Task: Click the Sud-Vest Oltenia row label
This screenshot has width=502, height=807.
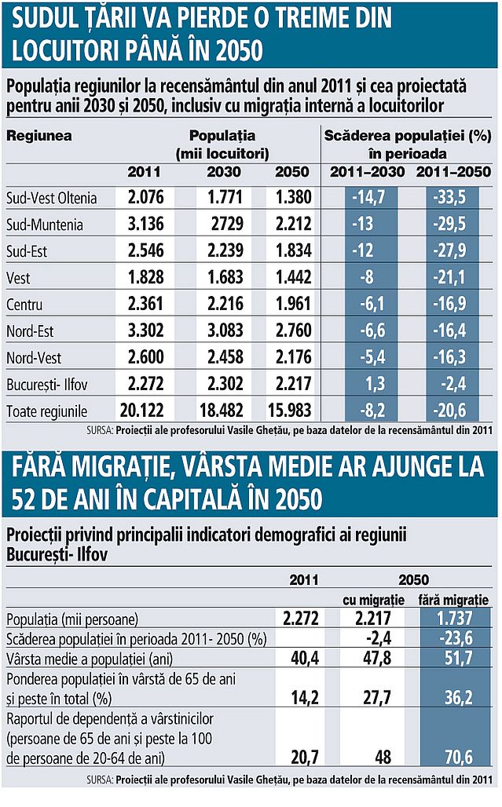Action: (x=51, y=199)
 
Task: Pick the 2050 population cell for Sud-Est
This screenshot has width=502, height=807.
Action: (x=293, y=251)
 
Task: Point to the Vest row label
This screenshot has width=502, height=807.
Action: (x=18, y=278)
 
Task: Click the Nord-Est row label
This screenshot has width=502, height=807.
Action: (x=30, y=330)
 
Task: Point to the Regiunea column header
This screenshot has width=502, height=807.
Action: (x=39, y=135)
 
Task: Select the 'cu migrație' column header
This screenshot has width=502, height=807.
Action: (x=374, y=600)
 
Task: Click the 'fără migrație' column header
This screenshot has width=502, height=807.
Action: (x=454, y=600)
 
